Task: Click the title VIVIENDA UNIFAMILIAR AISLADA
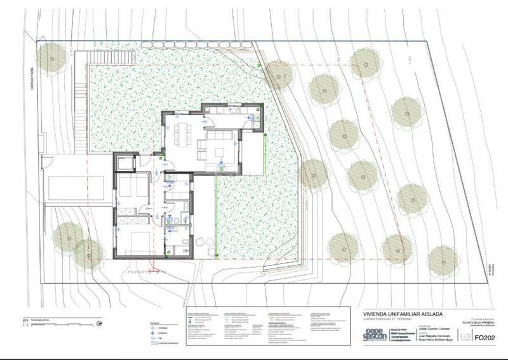tap(407, 314)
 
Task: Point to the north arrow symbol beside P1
tap(100, 323)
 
